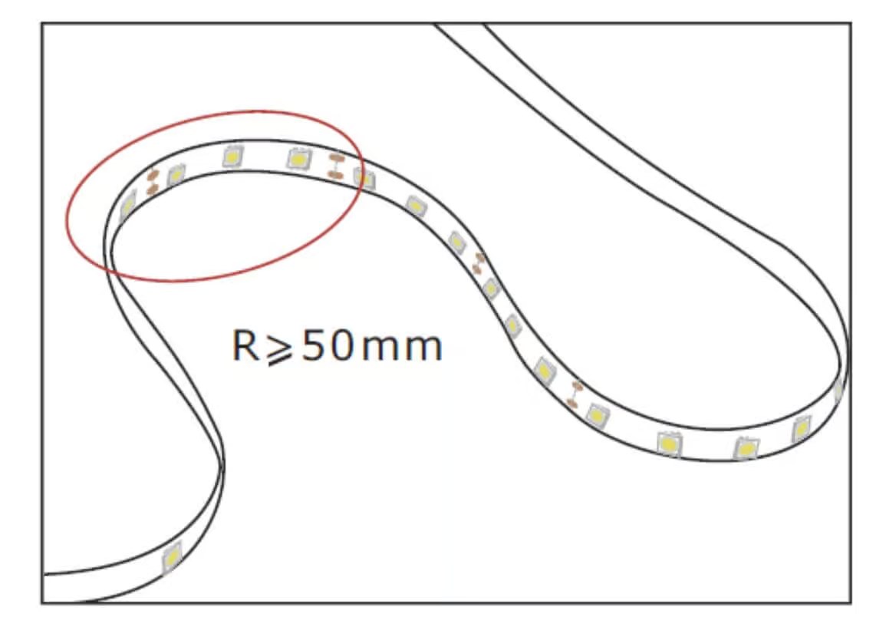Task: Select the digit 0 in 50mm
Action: [341, 345]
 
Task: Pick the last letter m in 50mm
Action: [424, 349]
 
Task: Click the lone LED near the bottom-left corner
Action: [172, 557]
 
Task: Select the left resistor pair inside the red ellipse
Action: [152, 180]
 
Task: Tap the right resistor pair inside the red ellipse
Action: [334, 166]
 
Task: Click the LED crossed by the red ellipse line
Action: [364, 179]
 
